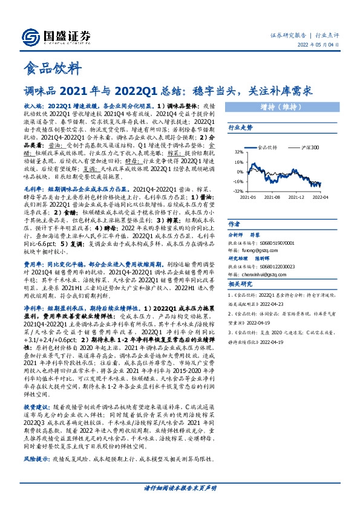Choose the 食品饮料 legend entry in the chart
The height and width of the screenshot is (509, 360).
pos(268,146)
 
